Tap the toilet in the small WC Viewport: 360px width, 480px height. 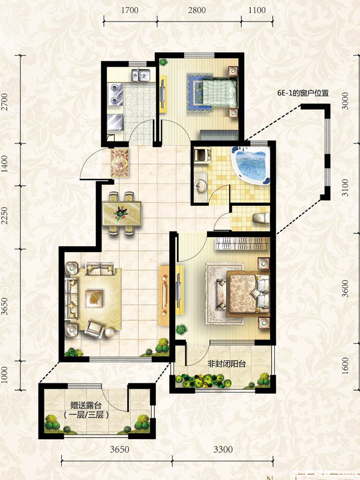pos(260,218)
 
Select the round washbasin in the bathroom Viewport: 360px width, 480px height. pos(201,186)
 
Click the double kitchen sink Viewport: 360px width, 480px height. pos(140,74)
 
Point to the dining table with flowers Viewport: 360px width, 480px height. pos(122,212)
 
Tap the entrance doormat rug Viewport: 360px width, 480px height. pos(119,163)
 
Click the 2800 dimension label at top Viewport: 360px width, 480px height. pos(197,10)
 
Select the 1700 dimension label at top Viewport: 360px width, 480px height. pos(130,10)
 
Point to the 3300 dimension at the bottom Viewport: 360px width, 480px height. pos(223,449)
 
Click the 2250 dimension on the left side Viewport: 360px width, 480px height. pos(4,215)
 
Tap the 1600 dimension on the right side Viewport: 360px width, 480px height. pos(345,365)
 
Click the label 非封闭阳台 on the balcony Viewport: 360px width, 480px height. pos(227,364)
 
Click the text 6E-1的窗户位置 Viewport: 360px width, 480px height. pos(301,93)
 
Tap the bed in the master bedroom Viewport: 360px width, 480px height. pos(248,294)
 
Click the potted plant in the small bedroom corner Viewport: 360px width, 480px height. pos(164,62)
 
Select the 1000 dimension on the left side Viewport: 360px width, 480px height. pos(4,375)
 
